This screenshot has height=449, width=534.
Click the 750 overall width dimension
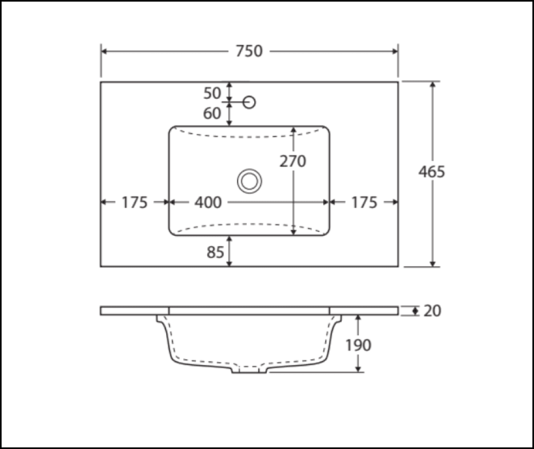(249, 51)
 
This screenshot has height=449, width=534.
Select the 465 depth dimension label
(431, 172)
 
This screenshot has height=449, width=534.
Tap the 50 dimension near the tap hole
(212, 93)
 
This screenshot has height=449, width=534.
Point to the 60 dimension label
(212, 113)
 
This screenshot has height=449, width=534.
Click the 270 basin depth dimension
(293, 160)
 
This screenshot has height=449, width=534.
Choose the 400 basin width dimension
(208, 203)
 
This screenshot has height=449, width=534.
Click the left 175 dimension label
(134, 203)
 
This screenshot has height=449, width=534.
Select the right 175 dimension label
(364, 203)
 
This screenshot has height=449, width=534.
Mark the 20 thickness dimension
(432, 311)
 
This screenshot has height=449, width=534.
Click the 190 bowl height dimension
(358, 345)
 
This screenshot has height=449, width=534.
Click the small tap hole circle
(249, 102)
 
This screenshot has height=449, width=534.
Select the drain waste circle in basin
(249, 181)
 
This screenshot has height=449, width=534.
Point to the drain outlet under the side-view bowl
(249, 370)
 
